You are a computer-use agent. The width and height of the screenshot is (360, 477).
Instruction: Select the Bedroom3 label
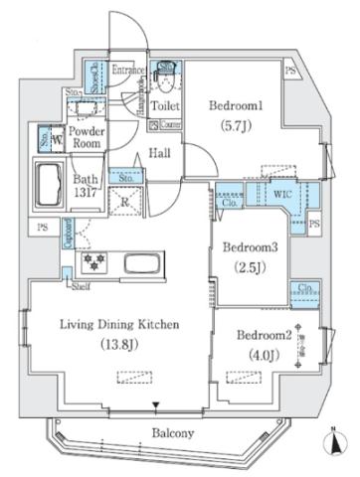tap(249, 246)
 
